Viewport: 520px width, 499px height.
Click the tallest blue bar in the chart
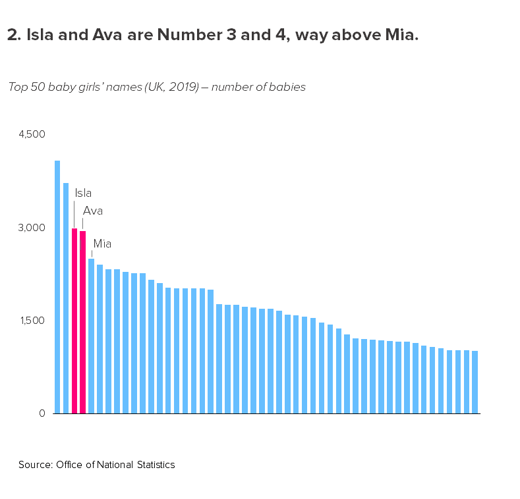pos(57,286)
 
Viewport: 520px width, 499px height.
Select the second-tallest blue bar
pos(66,298)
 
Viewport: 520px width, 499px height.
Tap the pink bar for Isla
pos(74,321)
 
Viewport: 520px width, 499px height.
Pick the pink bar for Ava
pos(83,322)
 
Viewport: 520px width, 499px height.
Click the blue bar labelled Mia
pos(92,336)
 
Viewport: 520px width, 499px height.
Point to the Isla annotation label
pos(83,193)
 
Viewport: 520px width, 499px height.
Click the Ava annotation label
pos(92,211)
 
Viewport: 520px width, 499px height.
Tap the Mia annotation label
pos(102,244)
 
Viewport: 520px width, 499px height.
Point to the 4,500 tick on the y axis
pos(32,134)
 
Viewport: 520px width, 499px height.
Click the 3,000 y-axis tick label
pos(32,228)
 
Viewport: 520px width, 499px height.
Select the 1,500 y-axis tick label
pos(32,321)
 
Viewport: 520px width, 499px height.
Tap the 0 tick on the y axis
pos(42,413)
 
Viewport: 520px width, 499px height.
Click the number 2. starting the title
pos(13,36)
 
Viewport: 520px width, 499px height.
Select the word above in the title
pos(349,36)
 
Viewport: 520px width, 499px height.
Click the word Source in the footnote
pos(34,465)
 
